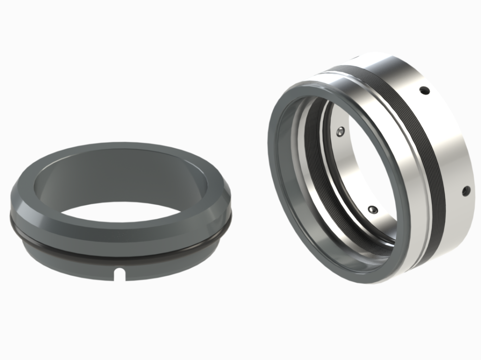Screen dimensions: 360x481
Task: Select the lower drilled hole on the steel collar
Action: tap(465, 191)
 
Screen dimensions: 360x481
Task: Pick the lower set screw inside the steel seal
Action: tap(371, 209)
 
